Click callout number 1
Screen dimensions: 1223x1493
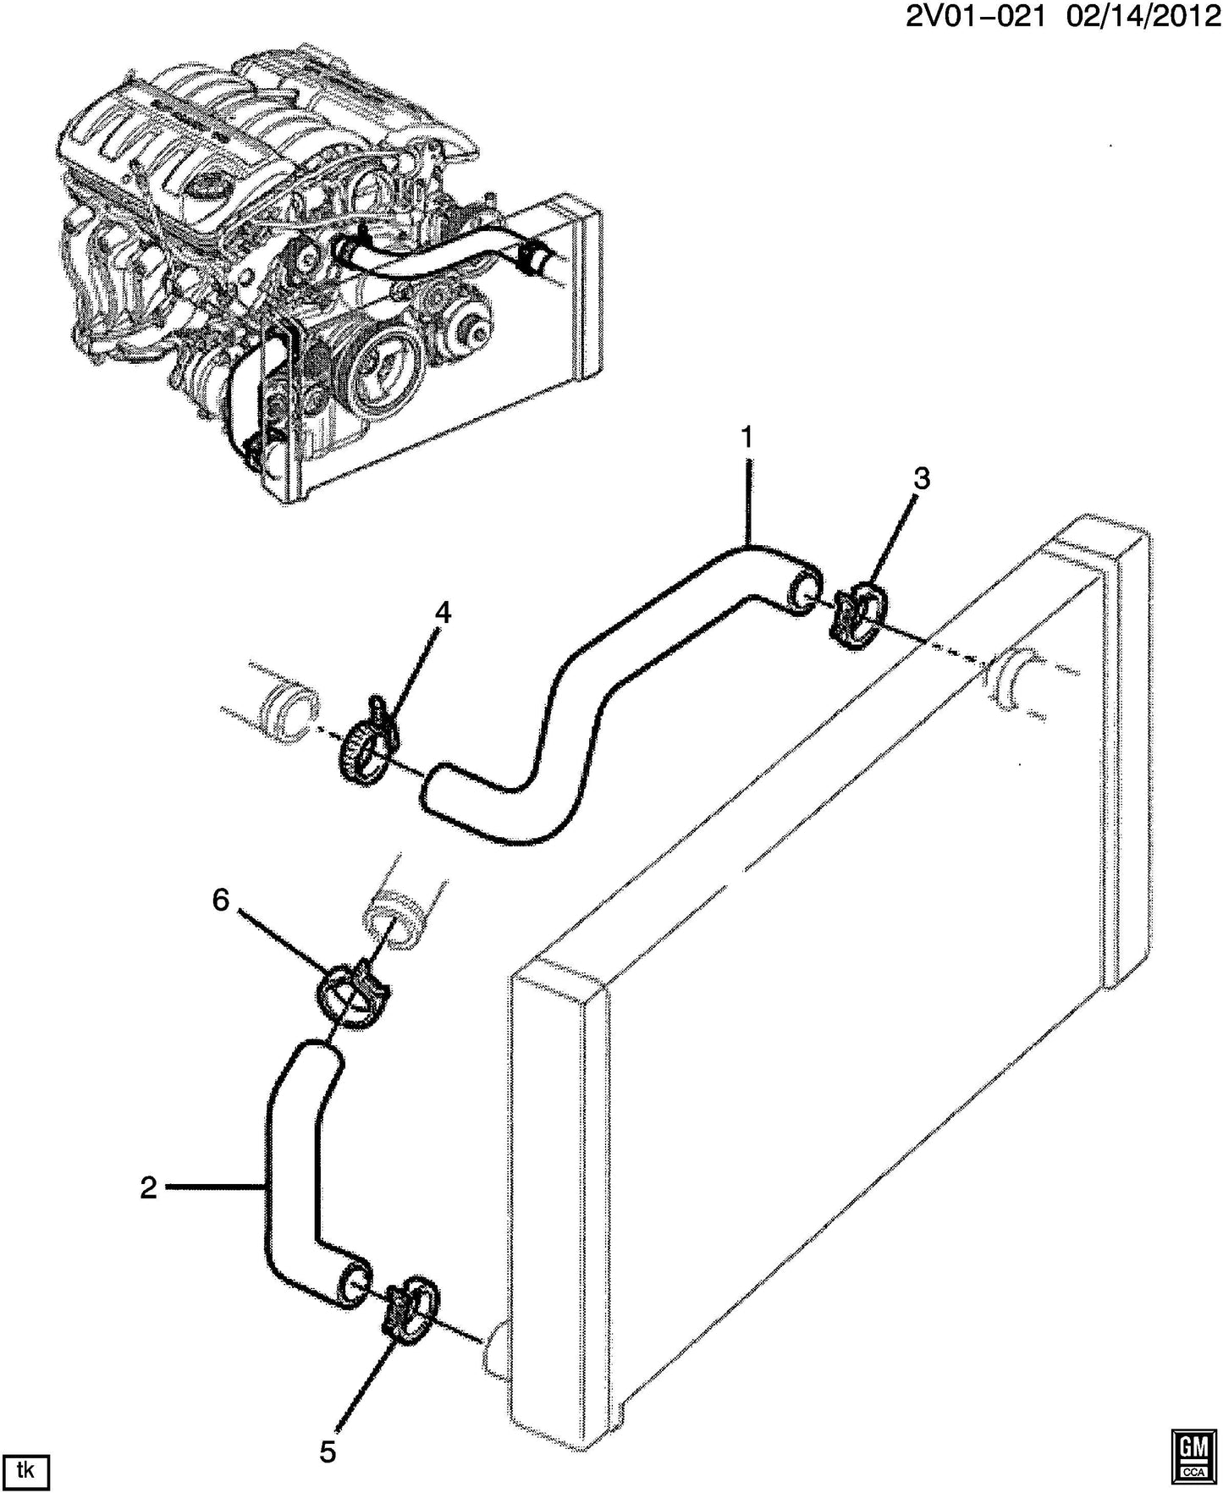pos(746,438)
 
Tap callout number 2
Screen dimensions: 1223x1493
pos(149,1188)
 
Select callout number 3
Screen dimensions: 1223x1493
pos(922,479)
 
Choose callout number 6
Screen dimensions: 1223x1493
pos(221,901)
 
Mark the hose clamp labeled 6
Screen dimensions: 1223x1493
pos(350,991)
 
